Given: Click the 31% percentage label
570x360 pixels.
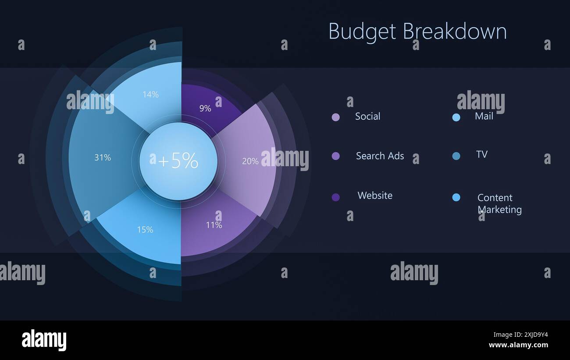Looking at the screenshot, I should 103,157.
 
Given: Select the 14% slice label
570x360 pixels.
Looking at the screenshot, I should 150,94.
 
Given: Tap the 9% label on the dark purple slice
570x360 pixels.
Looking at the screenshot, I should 205,108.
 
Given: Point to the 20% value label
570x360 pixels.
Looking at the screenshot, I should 250,161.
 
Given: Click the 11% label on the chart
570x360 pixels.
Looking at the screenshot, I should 214,225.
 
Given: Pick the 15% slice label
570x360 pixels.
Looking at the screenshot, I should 145,229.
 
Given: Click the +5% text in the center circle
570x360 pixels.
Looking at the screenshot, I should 178,161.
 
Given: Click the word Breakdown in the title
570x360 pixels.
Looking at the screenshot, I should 455,32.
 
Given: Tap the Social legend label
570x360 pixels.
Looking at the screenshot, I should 367,116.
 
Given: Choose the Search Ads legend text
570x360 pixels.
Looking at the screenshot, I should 380,156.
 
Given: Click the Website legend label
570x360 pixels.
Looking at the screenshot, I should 375,195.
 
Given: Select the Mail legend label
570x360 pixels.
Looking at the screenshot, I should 484,116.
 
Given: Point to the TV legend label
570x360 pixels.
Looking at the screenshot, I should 482,154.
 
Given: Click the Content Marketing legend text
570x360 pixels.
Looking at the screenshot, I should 499,203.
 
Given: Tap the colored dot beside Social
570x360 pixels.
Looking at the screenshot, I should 336,117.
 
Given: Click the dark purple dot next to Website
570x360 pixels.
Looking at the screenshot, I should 336,197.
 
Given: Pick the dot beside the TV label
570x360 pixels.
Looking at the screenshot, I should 456,156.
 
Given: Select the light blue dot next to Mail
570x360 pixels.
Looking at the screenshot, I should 456,117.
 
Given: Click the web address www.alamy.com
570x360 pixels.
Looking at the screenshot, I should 518,345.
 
